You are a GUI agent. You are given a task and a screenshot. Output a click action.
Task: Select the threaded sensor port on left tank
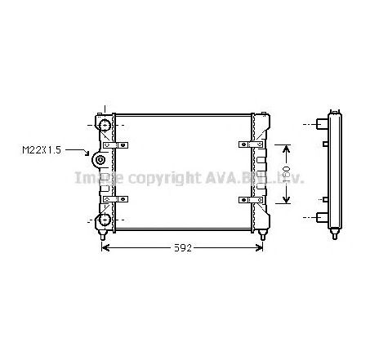[100, 161]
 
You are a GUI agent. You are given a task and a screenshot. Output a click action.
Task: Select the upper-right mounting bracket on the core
[246, 145]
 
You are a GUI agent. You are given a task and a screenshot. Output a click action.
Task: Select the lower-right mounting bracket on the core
[246, 199]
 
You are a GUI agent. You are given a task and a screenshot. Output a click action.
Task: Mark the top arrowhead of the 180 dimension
[286, 148]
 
